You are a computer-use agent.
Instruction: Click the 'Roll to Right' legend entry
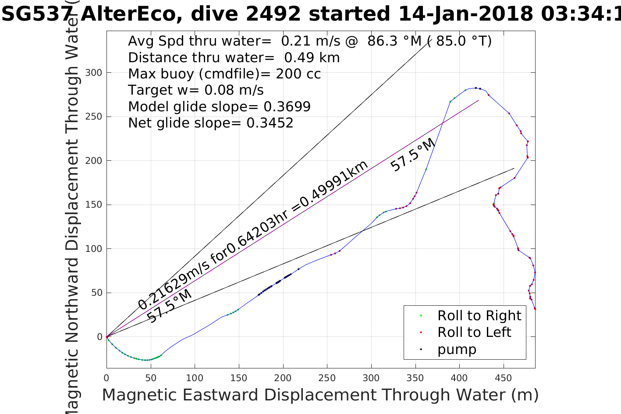[x=479, y=315]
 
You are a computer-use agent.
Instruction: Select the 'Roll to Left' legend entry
[x=474, y=332]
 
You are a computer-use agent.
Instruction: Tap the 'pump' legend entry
[x=457, y=349]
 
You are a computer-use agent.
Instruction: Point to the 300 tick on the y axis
[x=93, y=73]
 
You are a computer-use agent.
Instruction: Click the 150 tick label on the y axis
[x=93, y=205]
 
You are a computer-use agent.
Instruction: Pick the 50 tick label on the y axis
[x=96, y=293]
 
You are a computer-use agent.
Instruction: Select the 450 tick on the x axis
[x=504, y=378]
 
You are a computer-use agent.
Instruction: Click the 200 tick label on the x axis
[x=283, y=378]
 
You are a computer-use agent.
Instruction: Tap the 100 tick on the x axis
[x=195, y=378]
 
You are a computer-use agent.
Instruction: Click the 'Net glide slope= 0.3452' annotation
[x=210, y=123]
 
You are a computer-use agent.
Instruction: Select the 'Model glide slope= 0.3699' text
[x=219, y=106]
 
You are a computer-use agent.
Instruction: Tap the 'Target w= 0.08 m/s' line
[x=195, y=90]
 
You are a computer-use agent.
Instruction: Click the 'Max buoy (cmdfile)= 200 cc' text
[x=224, y=74]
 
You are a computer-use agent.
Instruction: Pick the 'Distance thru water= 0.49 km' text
[x=234, y=57]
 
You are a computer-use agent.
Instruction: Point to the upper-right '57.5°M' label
[x=412, y=155]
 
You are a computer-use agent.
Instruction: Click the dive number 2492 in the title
[x=273, y=14]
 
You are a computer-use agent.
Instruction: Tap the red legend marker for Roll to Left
[x=421, y=333]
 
